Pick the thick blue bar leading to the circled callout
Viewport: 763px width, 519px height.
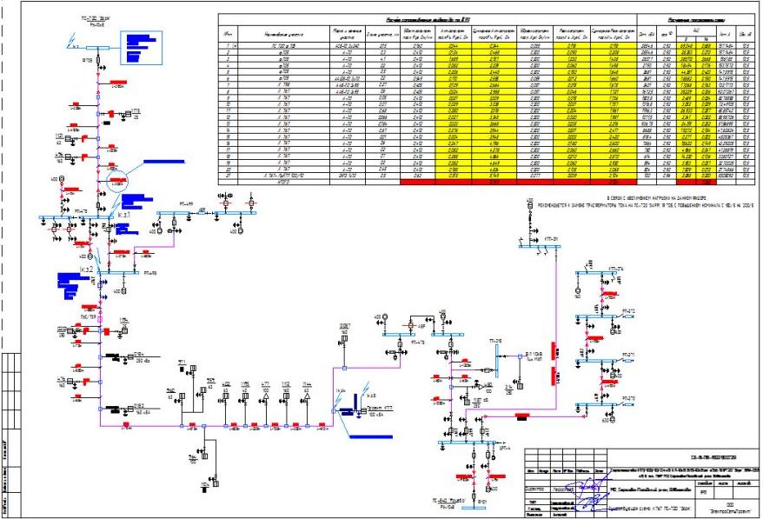[164, 163]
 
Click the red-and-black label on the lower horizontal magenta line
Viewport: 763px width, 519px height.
[521, 416]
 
